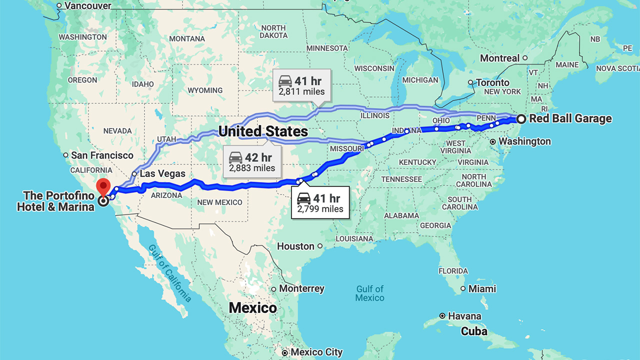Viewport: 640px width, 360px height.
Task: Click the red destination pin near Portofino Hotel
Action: [103, 187]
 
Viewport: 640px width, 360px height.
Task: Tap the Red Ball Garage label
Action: [570, 119]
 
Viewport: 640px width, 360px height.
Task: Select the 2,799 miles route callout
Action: [320, 203]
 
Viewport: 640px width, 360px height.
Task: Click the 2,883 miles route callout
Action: [252, 162]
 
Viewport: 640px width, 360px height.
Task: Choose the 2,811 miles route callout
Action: [301, 85]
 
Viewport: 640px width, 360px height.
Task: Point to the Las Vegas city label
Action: [162, 174]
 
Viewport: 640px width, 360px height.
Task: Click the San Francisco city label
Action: [102, 155]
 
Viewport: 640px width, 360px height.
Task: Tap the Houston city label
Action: [295, 246]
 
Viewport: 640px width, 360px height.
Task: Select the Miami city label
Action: [482, 289]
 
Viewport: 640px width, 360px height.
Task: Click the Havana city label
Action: [464, 316]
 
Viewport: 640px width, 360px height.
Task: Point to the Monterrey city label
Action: [301, 289]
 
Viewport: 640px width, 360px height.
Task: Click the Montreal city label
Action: [499, 58]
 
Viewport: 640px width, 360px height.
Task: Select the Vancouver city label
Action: [88, 6]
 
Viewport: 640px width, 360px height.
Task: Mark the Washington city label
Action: [524, 141]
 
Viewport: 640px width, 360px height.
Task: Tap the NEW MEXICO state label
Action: [219, 202]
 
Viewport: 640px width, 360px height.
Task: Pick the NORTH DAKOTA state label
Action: [273, 31]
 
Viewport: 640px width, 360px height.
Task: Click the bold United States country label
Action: [263, 131]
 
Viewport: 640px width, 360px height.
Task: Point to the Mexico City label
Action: [316, 352]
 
